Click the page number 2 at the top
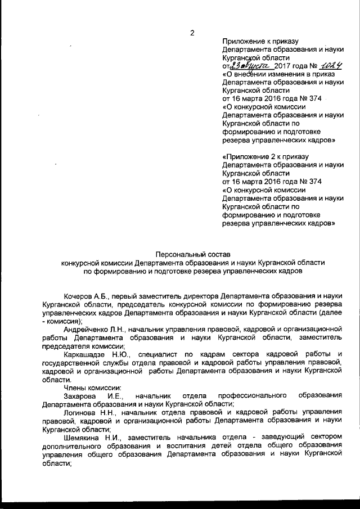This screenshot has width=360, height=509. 192,33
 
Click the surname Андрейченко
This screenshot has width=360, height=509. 86,328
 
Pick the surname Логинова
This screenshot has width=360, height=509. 81,412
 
